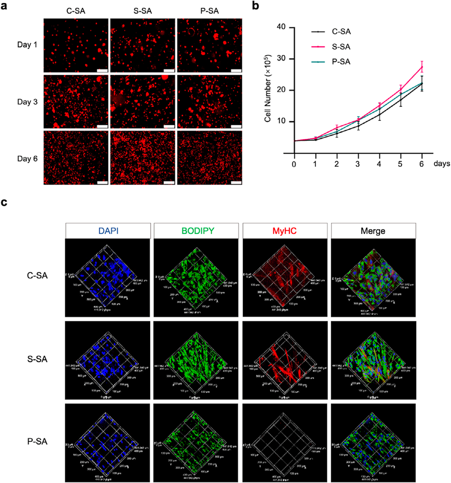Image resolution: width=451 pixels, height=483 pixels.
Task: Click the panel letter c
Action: coord(5,202)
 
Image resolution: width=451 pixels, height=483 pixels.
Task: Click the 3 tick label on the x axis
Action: coord(358,164)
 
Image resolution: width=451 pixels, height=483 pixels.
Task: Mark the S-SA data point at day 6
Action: coord(422,67)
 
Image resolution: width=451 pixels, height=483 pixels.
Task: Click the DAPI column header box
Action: coord(108,231)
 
